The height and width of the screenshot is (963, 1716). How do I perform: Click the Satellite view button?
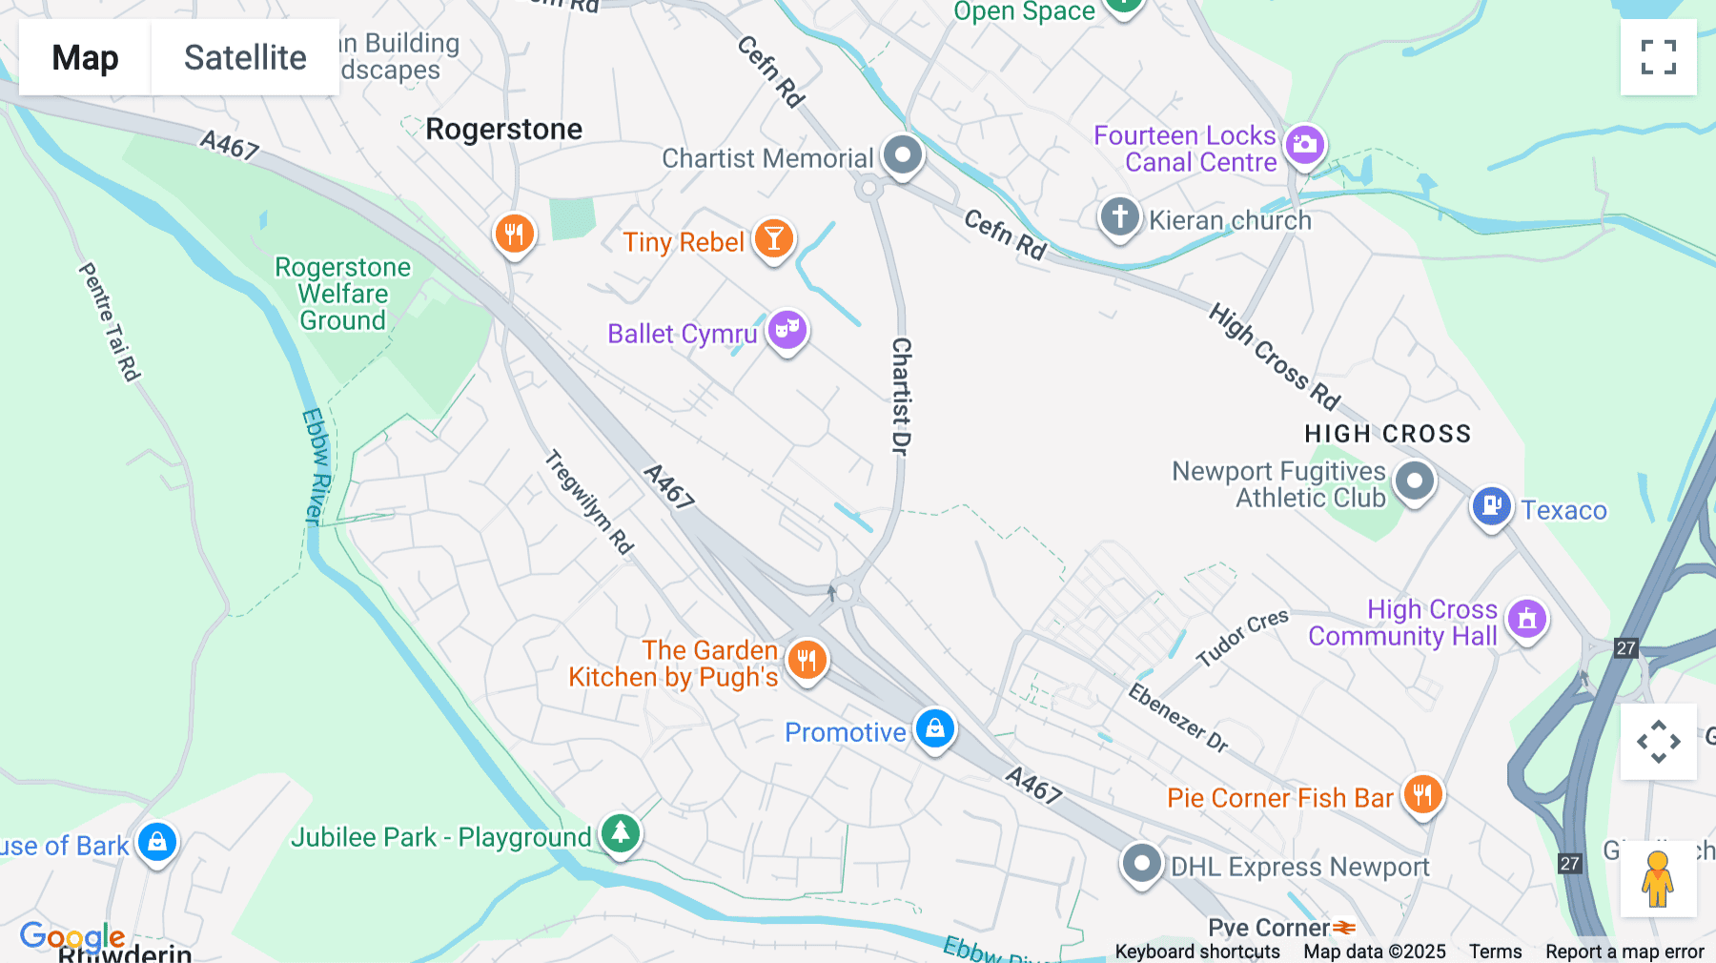pyautogui.click(x=245, y=57)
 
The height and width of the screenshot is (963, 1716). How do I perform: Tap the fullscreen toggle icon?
pyautogui.click(x=1658, y=57)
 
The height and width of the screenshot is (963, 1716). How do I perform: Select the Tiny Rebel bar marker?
pyautogui.click(x=773, y=238)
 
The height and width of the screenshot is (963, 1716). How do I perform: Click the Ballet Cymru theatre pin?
pyautogui.click(x=786, y=330)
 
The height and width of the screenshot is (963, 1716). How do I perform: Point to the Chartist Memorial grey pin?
pyautogui.click(x=902, y=154)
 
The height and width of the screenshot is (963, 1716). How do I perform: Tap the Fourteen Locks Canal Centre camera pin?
pyautogui.click(x=1304, y=145)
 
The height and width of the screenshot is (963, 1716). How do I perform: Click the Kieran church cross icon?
pyautogui.click(x=1119, y=216)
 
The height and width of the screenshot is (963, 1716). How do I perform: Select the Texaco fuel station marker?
pyautogui.click(x=1491, y=505)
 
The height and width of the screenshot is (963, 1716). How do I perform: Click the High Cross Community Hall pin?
pyautogui.click(x=1526, y=619)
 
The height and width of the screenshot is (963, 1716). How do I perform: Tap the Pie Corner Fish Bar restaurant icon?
pyautogui.click(x=1422, y=793)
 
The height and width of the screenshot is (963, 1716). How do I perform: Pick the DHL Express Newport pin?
pyautogui.click(x=1141, y=864)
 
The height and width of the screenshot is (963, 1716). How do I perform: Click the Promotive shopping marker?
pyautogui.click(x=934, y=728)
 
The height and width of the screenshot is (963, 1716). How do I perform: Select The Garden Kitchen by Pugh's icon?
pyautogui.click(x=807, y=659)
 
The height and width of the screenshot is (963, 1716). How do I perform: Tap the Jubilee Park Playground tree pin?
pyautogui.click(x=621, y=832)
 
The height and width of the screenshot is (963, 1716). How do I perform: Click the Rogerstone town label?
pyautogui.click(x=503, y=129)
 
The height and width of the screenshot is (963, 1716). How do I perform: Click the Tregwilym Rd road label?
pyautogui.click(x=589, y=502)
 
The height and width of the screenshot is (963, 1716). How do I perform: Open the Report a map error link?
pyautogui.click(x=1624, y=952)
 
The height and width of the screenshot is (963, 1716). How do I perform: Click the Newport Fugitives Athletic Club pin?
pyautogui.click(x=1414, y=481)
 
